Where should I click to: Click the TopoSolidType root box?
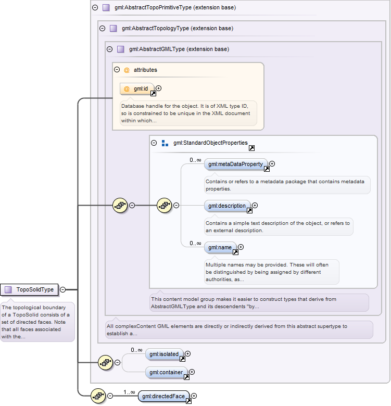point(29,289)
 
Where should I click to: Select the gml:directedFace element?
point(163,396)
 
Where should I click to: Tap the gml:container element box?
point(166,372)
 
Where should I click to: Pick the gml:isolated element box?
point(164,354)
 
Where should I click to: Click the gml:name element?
point(220,247)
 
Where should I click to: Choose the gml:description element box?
point(227,206)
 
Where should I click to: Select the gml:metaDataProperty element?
point(235,164)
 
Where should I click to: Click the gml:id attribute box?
point(137,89)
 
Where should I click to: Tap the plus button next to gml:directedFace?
point(194,396)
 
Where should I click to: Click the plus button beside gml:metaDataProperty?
point(272,163)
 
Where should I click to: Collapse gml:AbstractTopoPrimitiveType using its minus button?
point(95,7)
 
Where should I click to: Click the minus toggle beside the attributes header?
point(117,69)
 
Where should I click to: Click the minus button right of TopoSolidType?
point(62,289)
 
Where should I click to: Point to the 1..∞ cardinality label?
point(129,392)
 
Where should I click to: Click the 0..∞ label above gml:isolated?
point(136,350)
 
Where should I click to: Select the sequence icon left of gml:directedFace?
point(98,396)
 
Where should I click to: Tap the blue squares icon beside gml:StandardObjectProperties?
point(165,143)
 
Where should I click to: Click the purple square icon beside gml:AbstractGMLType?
point(121,49)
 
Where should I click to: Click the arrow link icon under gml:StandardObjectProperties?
point(251,148)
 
